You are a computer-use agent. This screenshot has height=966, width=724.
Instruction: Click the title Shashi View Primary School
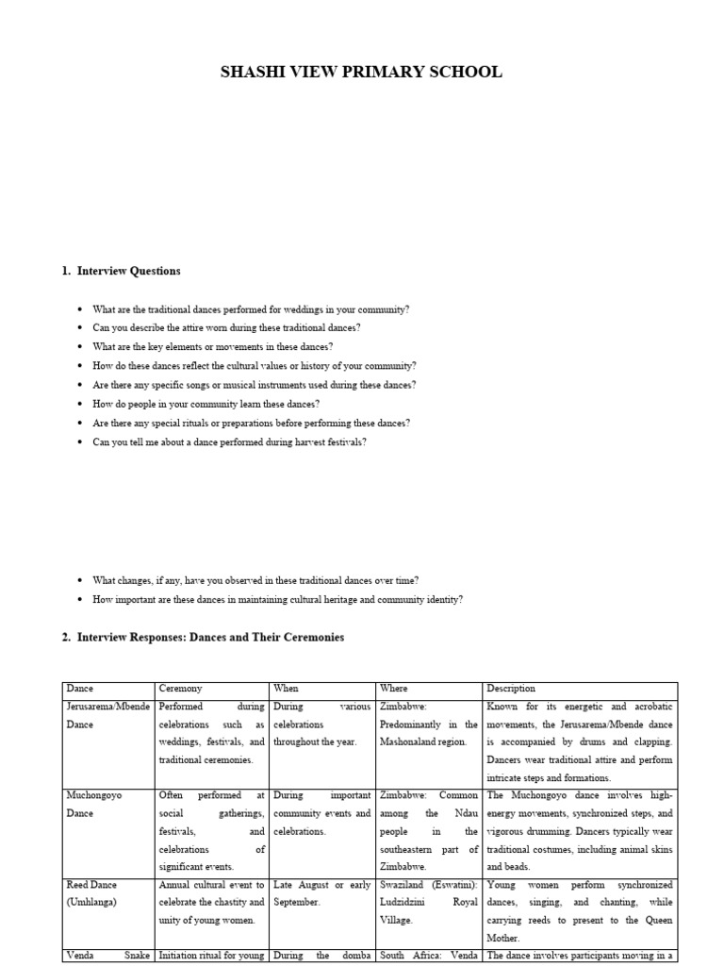361,73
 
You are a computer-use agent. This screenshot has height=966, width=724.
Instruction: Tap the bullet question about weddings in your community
251,309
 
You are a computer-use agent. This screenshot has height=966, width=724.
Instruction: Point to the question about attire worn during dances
226,328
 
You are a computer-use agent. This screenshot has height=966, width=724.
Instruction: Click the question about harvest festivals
229,442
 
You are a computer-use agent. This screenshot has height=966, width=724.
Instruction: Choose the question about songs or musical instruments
254,385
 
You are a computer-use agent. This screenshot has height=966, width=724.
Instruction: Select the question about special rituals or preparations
251,424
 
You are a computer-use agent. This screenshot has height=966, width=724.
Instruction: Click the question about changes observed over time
255,580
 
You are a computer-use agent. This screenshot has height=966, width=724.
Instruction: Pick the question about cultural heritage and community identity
277,600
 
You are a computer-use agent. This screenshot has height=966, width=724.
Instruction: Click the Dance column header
80,689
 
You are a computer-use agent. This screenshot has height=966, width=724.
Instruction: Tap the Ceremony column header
181,689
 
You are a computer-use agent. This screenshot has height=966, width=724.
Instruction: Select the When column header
288,689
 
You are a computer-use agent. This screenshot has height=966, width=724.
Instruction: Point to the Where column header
394,689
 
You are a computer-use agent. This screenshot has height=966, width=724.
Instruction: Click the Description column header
511,689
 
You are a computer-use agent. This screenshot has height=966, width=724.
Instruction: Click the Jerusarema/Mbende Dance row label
107,715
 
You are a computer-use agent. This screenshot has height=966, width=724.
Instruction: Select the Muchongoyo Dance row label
94,804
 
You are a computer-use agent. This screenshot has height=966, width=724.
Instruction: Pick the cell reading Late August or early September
321,893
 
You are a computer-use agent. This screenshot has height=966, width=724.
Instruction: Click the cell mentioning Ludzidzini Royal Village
428,902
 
